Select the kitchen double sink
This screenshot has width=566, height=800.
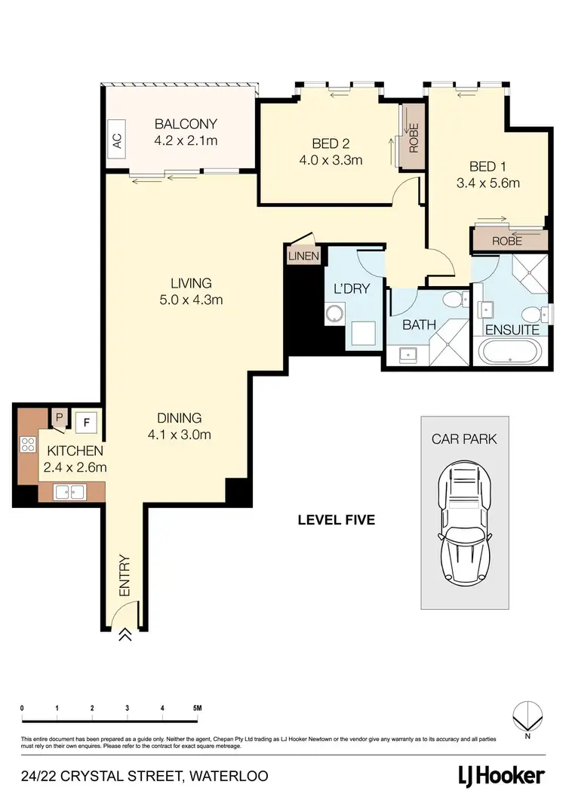tap(69, 492)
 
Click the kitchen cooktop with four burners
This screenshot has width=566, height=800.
tap(28, 445)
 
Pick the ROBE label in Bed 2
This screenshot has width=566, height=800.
tap(414, 137)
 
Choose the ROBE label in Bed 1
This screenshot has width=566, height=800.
tap(507, 241)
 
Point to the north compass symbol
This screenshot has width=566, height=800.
tap(528, 715)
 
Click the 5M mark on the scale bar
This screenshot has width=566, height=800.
tap(197, 708)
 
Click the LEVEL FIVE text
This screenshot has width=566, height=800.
tap(336, 519)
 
